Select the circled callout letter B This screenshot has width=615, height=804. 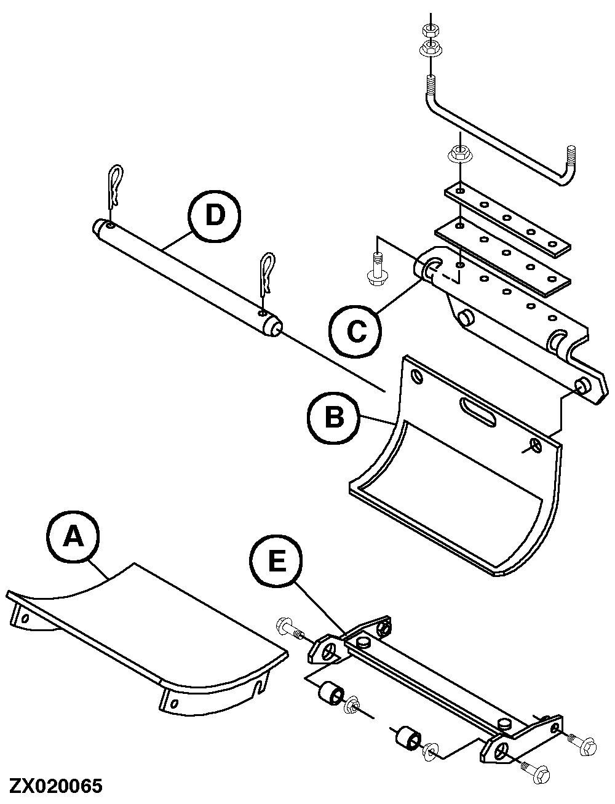[334, 418]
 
